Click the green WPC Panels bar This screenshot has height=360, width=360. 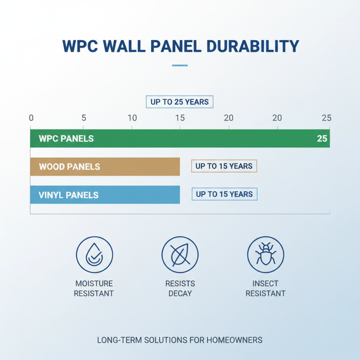click(180, 139)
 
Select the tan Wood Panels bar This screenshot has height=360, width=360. click(105, 166)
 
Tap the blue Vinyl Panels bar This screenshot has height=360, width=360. click(105, 195)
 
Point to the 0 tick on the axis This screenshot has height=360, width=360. click(31, 118)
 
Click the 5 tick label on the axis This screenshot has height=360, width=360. click(84, 118)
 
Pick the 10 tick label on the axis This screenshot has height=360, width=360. click(132, 118)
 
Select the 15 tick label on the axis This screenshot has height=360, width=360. click(180, 118)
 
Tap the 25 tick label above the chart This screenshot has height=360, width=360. click(327, 118)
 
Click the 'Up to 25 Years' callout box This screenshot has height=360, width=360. click(180, 102)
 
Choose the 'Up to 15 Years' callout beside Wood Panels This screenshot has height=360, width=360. click(224, 166)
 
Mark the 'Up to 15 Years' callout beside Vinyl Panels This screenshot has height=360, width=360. click(225, 194)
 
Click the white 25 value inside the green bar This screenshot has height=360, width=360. click(322, 139)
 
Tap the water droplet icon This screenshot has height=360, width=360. click(94, 255)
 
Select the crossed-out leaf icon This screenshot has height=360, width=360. click(180, 255)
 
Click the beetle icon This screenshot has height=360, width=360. click(265, 255)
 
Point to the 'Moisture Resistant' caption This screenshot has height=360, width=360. click(94, 288)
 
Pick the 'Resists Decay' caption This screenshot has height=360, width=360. click(180, 288)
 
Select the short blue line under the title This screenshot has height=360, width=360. click(180, 66)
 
